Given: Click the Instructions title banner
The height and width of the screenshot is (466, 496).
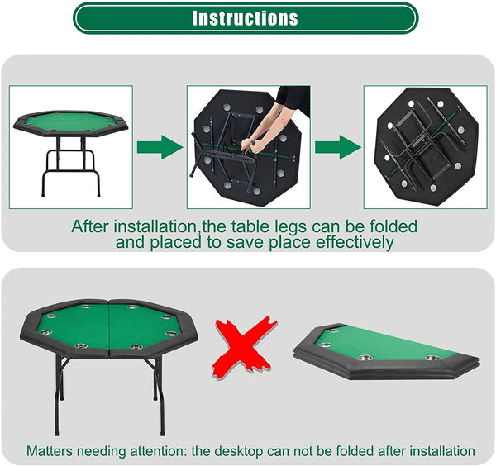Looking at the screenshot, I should pyautogui.click(x=246, y=18).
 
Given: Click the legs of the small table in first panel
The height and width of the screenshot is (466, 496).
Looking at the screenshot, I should pyautogui.click(x=70, y=165).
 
